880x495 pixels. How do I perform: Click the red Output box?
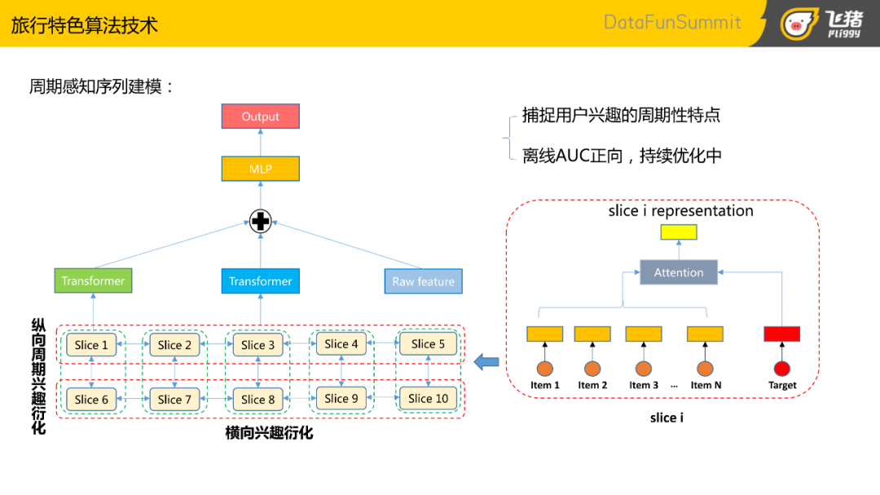pyautogui.click(x=261, y=116)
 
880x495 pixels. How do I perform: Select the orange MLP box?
pyautogui.click(x=261, y=169)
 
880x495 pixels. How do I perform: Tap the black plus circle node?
pyautogui.click(x=261, y=221)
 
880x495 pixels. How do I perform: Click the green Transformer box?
pyautogui.click(x=93, y=280)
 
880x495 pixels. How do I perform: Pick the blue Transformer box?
pyautogui.click(x=261, y=281)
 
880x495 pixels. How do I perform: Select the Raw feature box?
pyautogui.click(x=423, y=282)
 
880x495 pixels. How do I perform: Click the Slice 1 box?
pyautogui.click(x=91, y=344)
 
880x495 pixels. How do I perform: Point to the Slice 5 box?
pyautogui.click(x=429, y=344)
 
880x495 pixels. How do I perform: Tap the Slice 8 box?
pyautogui.click(x=258, y=399)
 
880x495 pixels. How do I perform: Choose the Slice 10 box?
pyautogui.click(x=429, y=398)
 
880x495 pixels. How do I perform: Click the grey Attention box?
pyautogui.click(x=679, y=273)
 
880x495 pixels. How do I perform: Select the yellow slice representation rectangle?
pyautogui.click(x=679, y=232)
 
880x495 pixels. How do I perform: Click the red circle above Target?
pyautogui.click(x=781, y=368)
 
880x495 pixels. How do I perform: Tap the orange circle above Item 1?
pyautogui.click(x=545, y=368)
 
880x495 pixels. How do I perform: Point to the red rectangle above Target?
pyautogui.click(x=781, y=334)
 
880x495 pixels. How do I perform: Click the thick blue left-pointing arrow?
pyautogui.click(x=486, y=361)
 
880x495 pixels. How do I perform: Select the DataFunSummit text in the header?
pyautogui.click(x=672, y=23)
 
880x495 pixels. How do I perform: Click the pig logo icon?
pyautogui.click(x=798, y=24)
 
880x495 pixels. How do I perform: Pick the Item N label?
pyautogui.click(x=706, y=385)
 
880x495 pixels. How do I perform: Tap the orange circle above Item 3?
pyautogui.click(x=644, y=368)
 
